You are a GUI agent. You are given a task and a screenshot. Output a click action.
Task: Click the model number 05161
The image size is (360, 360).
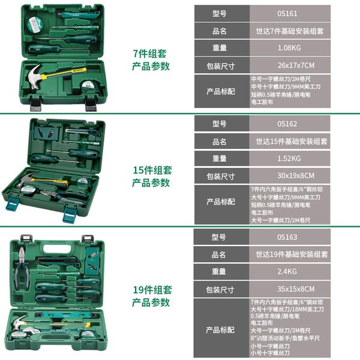(287, 13)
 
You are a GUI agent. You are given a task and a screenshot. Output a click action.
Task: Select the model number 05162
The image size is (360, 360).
(288, 124)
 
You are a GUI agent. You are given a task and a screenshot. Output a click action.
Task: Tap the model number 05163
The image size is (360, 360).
(288, 237)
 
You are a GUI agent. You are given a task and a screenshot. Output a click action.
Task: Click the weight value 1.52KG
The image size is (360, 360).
(287, 159)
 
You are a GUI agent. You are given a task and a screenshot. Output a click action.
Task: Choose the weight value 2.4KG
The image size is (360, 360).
(288, 272)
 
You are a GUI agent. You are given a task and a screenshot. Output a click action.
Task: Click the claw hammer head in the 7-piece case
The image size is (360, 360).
(34, 74)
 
